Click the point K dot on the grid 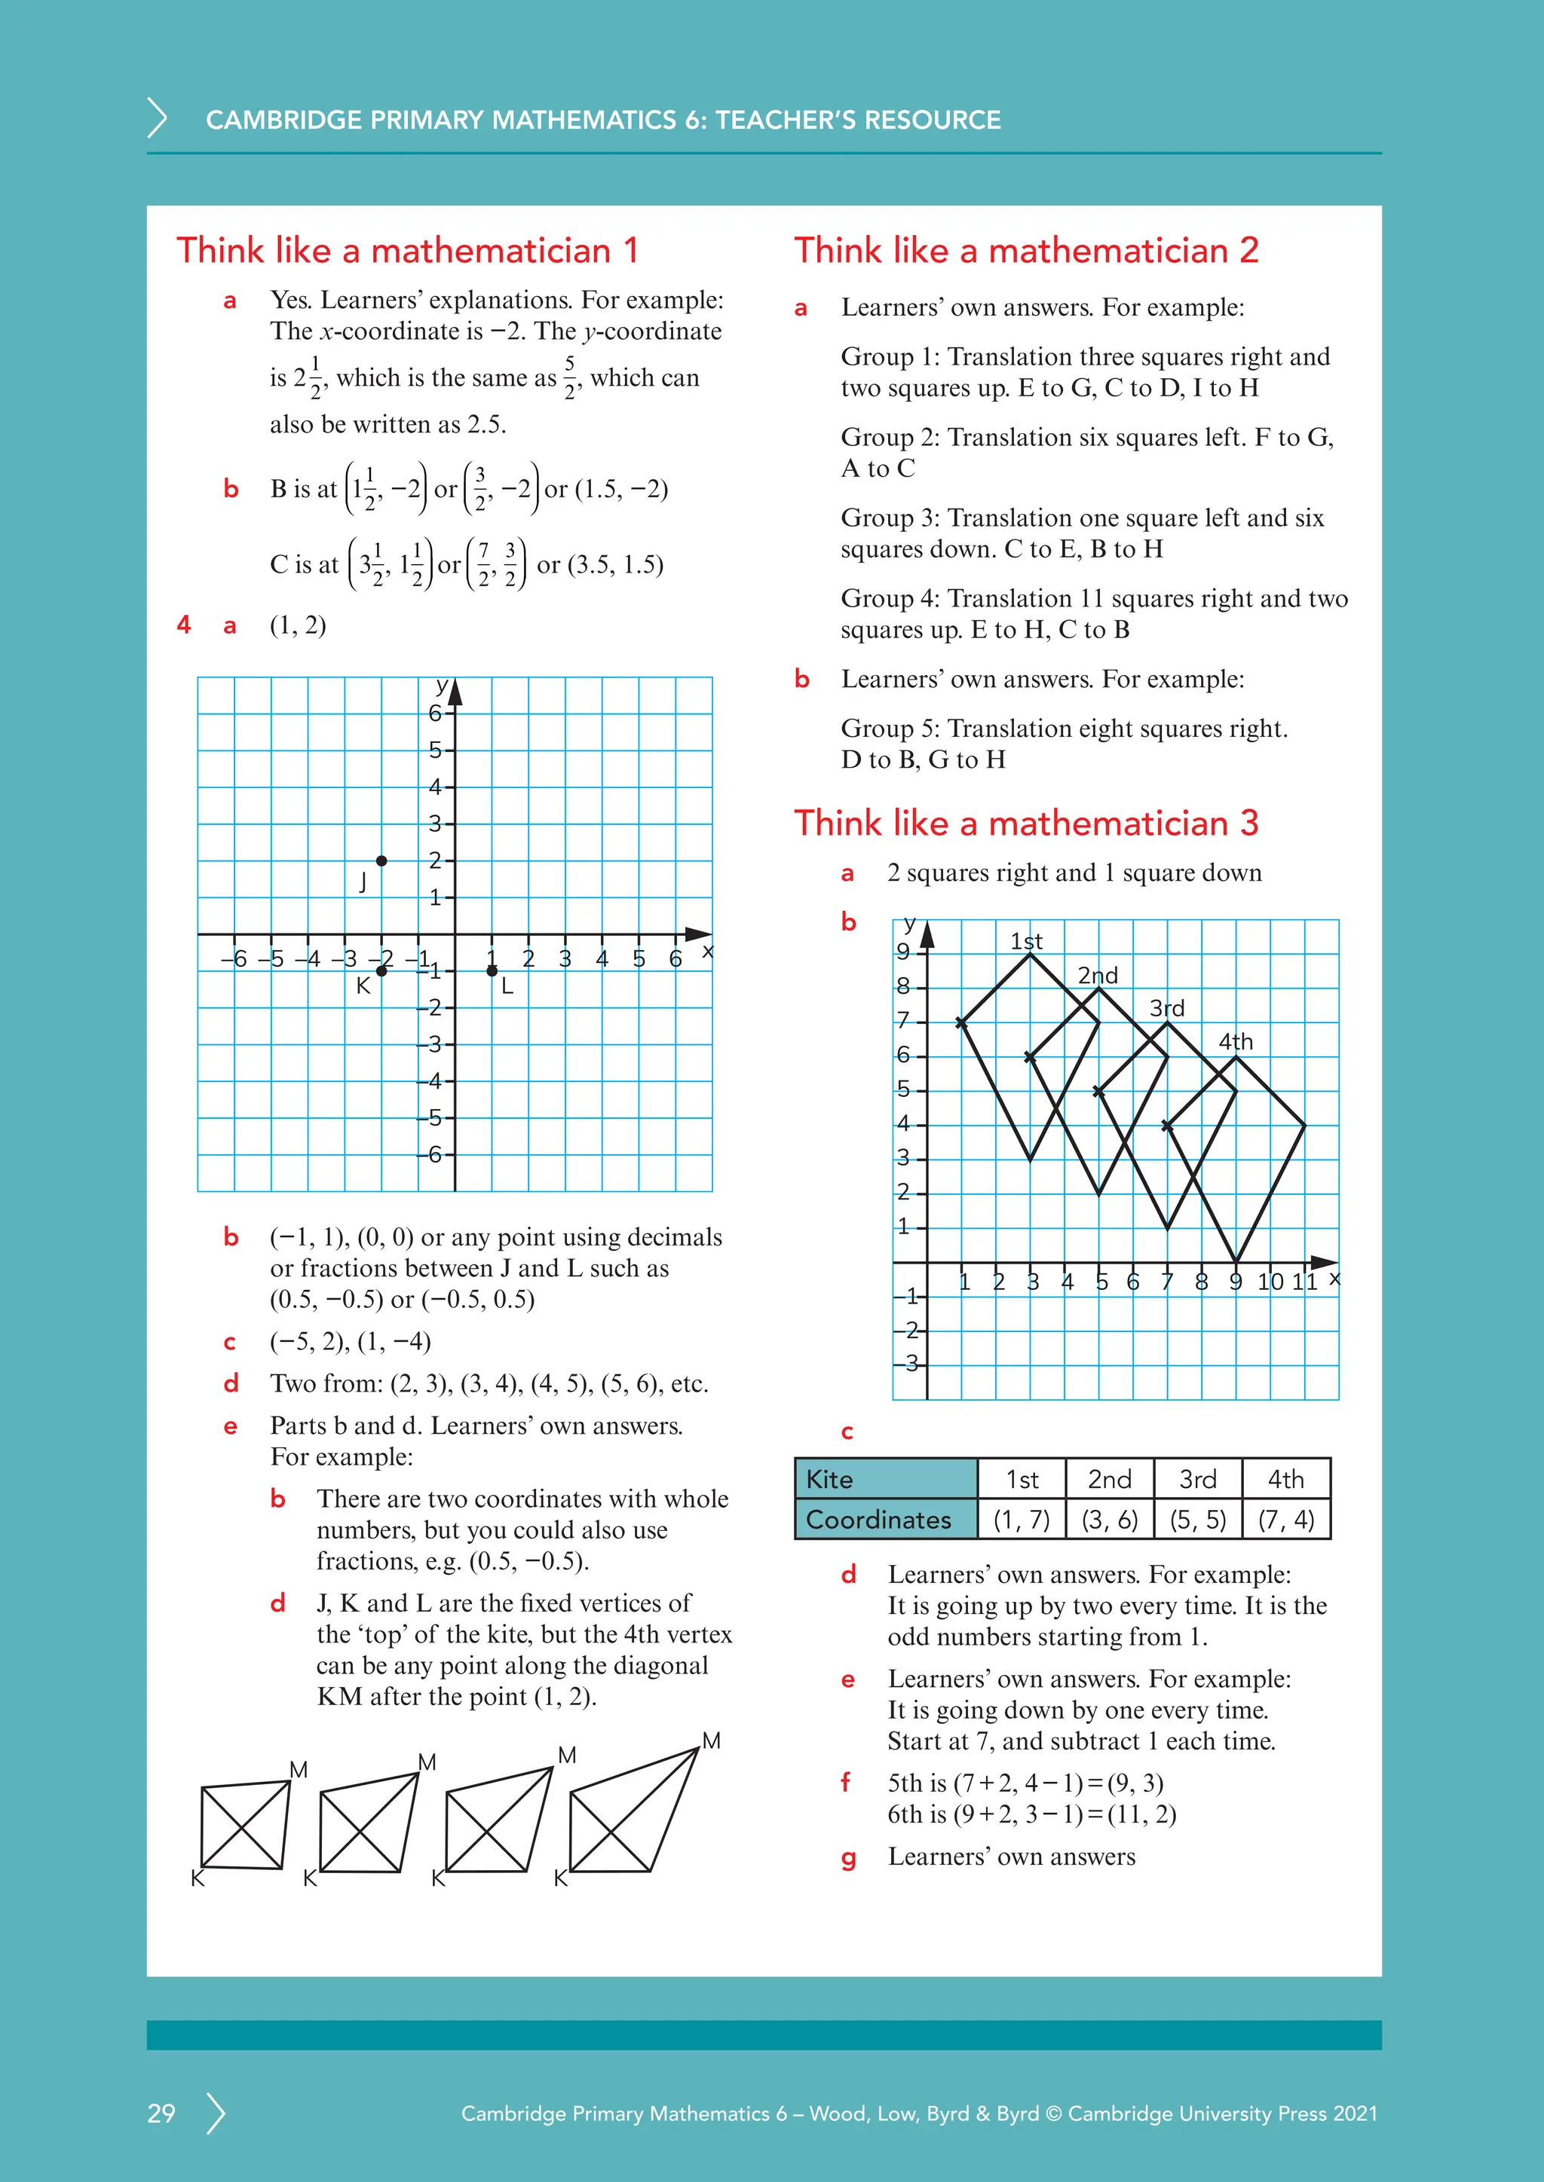point(381,970)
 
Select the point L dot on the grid point(492,970)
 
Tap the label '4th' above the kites point(1235,1041)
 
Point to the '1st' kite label point(1026,941)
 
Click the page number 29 point(161,2113)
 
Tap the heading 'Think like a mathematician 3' point(1026,823)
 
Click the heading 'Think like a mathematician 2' point(1026,251)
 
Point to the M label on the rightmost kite point(711,1740)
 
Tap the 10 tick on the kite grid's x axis point(1270,1282)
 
